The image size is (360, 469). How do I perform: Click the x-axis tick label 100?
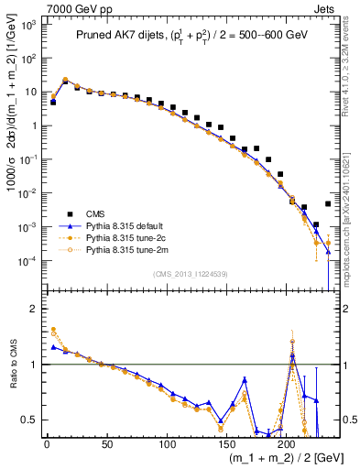pos(167,444)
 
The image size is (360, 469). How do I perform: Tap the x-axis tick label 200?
pos(287,444)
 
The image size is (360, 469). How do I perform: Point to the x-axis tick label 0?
pos(47,444)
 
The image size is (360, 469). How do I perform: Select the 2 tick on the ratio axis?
pos(32,309)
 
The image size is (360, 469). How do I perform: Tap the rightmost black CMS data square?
pos(328,204)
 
